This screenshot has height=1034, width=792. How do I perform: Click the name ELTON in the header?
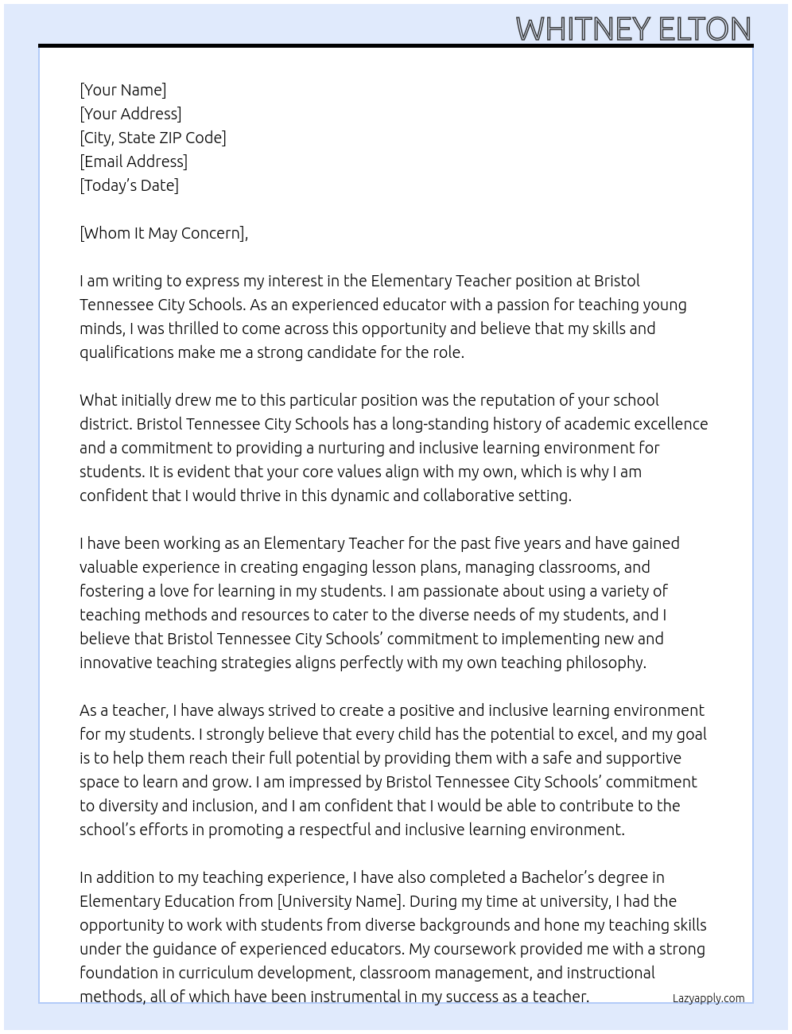[x=704, y=29]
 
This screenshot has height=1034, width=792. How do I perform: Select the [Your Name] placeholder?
[x=122, y=90]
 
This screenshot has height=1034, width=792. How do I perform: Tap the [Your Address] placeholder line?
[x=130, y=114]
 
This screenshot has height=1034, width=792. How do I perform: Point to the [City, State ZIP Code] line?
[x=153, y=138]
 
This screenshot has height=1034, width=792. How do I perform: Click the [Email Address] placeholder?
[x=134, y=161]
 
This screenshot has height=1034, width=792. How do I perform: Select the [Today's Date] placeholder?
[x=129, y=185]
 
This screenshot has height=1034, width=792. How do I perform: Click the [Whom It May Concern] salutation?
[x=163, y=233]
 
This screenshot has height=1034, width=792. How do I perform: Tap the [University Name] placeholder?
[x=340, y=901]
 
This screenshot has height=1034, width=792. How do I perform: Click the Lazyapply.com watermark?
[x=708, y=998]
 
